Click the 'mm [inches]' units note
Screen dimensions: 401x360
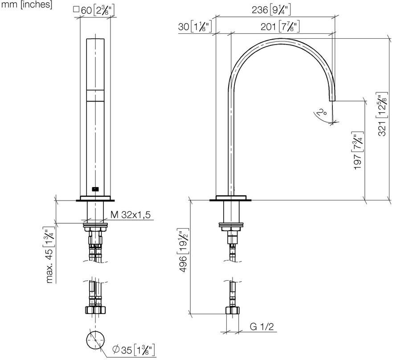point(27,4)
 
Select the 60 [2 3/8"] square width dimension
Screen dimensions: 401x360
point(94,11)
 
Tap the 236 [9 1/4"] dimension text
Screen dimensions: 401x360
point(271,10)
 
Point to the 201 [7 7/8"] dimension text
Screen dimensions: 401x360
point(280,26)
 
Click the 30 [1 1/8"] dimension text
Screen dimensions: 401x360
point(195,26)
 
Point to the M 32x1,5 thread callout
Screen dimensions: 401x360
point(131,215)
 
